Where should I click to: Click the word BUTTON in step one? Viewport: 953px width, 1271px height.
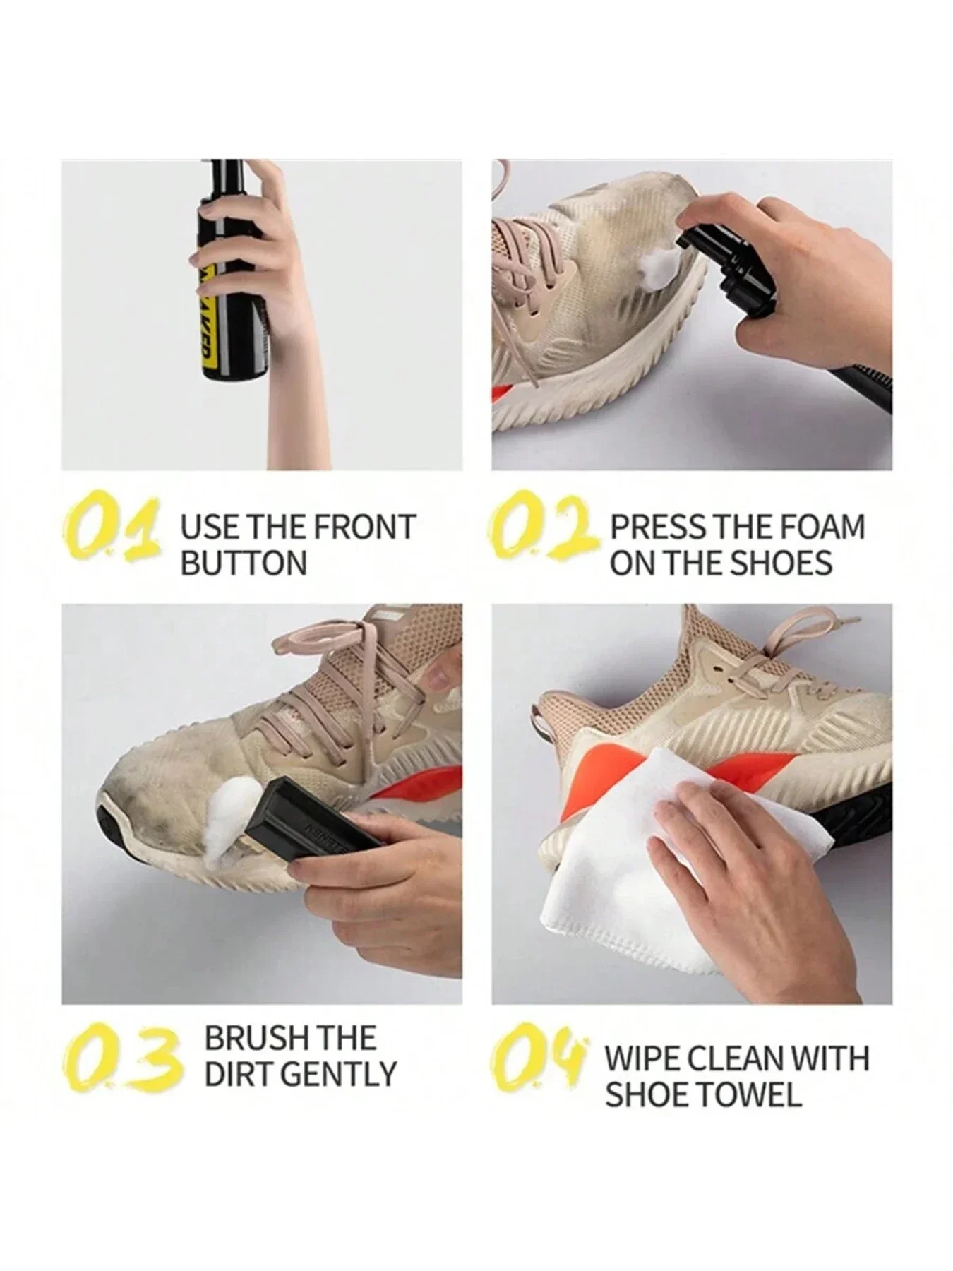tap(244, 563)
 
